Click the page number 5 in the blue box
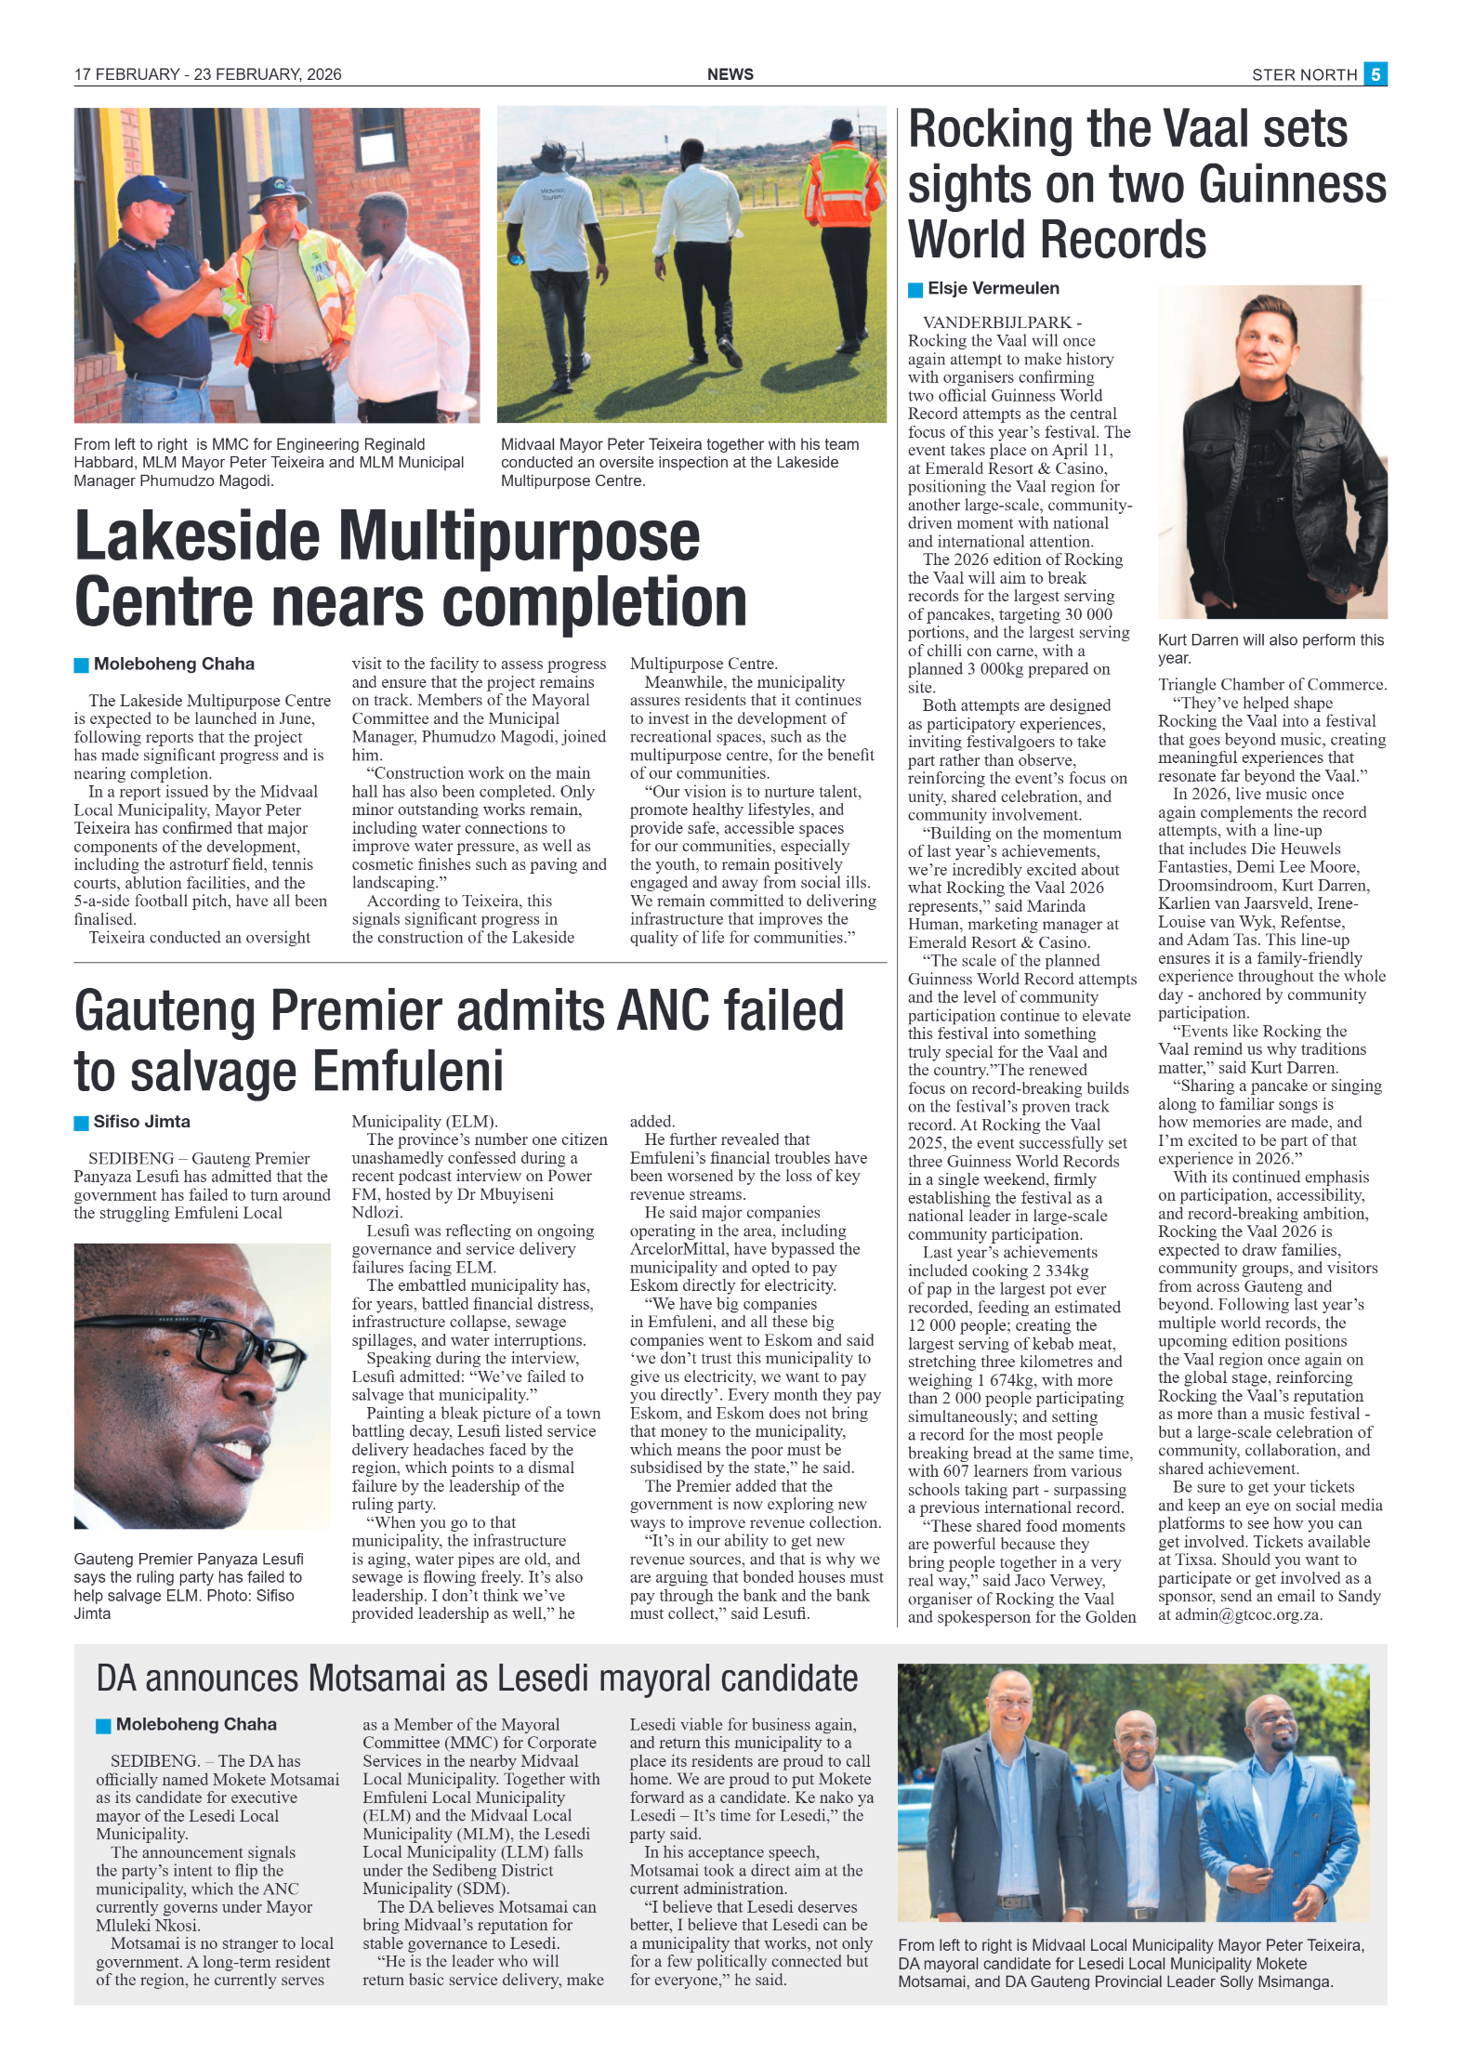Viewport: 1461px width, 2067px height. [x=1375, y=74]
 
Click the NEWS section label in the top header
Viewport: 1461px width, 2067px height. [x=730, y=74]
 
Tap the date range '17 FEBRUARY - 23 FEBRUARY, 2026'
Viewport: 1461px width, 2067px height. [x=207, y=74]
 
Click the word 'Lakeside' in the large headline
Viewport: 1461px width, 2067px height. [x=198, y=537]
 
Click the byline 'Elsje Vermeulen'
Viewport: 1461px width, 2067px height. [x=993, y=288]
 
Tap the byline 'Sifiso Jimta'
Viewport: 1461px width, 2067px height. [x=141, y=1122]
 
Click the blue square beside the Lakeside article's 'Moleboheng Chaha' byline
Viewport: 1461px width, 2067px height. [x=82, y=665]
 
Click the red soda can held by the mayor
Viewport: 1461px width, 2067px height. [x=266, y=321]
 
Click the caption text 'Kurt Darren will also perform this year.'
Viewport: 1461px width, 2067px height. [x=1270, y=649]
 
